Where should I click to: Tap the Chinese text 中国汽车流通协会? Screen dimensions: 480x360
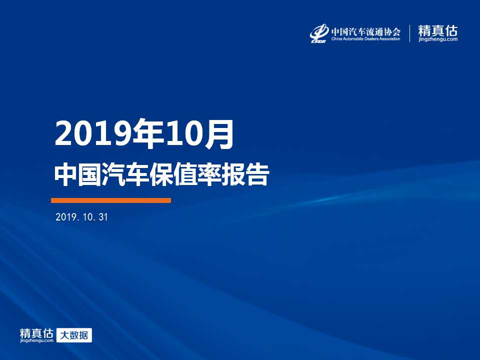coord(366,31)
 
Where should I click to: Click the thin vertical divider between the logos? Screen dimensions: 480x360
coord(409,33)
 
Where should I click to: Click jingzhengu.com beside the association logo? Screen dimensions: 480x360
coord(438,39)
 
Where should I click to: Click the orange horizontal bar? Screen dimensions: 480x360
coord(111,200)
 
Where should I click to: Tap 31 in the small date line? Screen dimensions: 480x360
coord(103,217)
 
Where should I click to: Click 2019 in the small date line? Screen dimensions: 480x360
coord(65,217)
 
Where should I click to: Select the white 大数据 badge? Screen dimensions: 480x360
coord(74,335)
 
